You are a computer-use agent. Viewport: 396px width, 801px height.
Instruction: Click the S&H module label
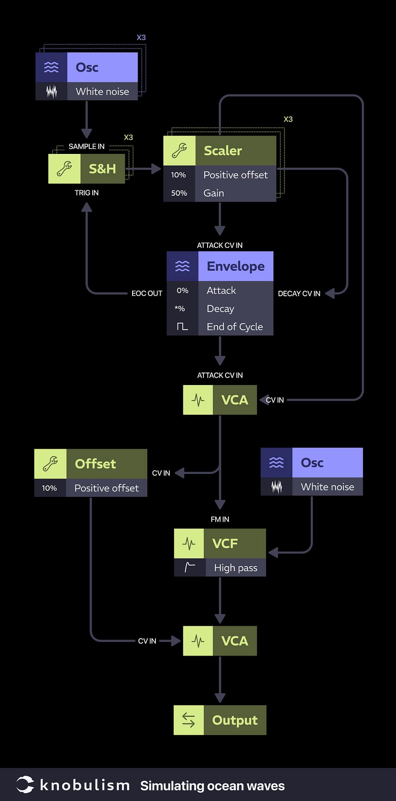102,169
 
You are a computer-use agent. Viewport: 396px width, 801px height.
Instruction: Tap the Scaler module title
223,151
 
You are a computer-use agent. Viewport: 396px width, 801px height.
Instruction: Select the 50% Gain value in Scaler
179,193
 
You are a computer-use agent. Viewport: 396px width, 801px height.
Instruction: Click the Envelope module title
236,266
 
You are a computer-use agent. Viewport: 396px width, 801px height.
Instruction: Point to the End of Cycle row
235,327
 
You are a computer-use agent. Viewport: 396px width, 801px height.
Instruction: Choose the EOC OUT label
147,293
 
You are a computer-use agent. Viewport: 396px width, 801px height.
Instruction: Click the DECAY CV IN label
299,294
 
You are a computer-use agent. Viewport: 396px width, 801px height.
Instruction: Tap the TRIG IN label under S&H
86,193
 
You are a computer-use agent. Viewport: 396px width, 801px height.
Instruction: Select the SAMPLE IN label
86,146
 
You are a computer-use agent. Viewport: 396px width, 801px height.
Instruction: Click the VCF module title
225,544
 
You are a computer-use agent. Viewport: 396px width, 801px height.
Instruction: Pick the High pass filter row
236,568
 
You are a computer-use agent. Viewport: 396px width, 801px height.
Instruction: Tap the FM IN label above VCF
220,519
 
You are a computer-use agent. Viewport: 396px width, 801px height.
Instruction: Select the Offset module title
95,464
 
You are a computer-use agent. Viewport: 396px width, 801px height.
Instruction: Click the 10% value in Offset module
49,488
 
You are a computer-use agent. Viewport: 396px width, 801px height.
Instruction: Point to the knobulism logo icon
25,785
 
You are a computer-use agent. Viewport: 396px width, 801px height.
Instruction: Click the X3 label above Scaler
288,119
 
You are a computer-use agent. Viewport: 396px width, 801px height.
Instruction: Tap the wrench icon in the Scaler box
179,151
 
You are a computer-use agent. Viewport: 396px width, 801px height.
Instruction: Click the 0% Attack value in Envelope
182,290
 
